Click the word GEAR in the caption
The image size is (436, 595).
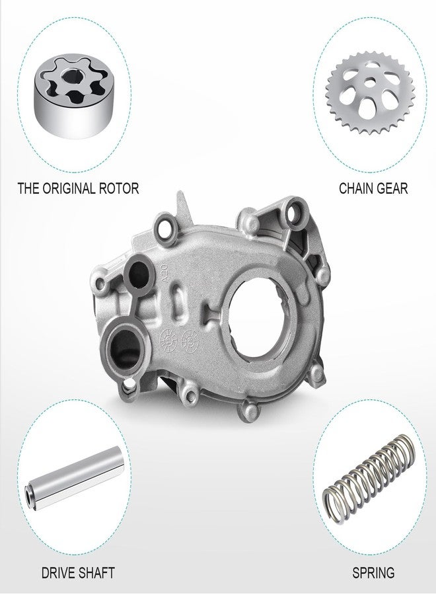point(393,188)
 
